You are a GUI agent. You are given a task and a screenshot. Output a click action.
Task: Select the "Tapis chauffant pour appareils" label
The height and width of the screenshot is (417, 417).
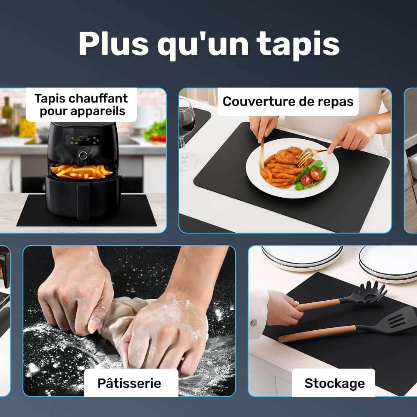(x=81, y=105)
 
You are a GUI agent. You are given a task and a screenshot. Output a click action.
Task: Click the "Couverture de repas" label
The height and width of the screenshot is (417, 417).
(x=288, y=102)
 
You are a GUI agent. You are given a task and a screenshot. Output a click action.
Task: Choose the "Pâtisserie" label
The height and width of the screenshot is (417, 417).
(x=130, y=383)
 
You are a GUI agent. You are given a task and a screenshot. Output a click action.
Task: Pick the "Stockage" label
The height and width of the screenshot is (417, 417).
(x=334, y=383)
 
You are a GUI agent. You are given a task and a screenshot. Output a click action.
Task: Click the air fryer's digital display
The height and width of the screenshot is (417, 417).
(x=83, y=140)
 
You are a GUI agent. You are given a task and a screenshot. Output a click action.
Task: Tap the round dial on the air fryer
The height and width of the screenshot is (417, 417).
(x=83, y=155)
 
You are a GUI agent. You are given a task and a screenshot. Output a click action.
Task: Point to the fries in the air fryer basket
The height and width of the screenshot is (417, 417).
(x=82, y=171)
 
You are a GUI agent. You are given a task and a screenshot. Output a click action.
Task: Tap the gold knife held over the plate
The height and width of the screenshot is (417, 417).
(x=262, y=154)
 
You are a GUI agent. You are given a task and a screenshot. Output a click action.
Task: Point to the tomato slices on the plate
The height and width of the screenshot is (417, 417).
(x=311, y=177)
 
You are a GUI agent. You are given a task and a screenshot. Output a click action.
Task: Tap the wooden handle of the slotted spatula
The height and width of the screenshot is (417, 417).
(x=317, y=334)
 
